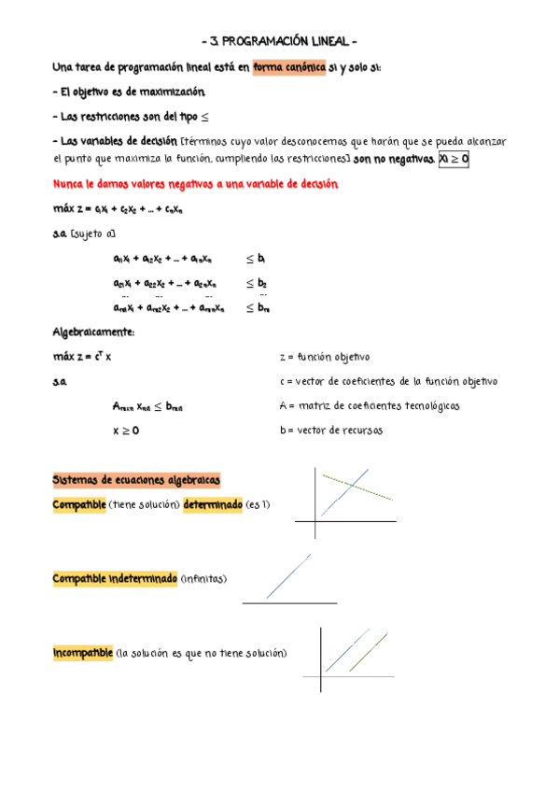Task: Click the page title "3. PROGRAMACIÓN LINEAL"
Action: point(280,42)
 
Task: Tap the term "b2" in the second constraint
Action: point(262,282)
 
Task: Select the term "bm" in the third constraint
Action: point(263,307)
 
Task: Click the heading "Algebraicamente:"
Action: point(93,332)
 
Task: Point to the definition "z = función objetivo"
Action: point(325,357)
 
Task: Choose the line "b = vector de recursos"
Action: point(330,431)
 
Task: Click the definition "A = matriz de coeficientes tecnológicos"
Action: point(369,406)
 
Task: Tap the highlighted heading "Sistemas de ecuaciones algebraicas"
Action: point(136,480)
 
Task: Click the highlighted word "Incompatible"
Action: point(83,653)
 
